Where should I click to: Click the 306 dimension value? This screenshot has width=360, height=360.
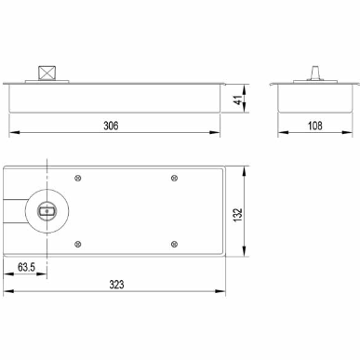(x=111, y=126)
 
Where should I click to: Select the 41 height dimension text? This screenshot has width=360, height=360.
(x=238, y=100)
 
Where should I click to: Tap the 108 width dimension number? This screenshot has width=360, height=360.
(x=314, y=126)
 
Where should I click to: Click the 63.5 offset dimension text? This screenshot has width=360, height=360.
(x=26, y=267)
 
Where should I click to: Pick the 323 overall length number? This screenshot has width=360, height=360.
(x=116, y=285)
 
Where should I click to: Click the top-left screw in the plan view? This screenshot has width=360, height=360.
(x=78, y=178)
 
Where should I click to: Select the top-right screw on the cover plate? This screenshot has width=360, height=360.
(x=174, y=178)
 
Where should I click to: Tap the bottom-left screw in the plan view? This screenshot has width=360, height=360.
(x=78, y=245)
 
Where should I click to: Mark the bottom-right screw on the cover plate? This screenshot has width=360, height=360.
(x=174, y=245)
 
